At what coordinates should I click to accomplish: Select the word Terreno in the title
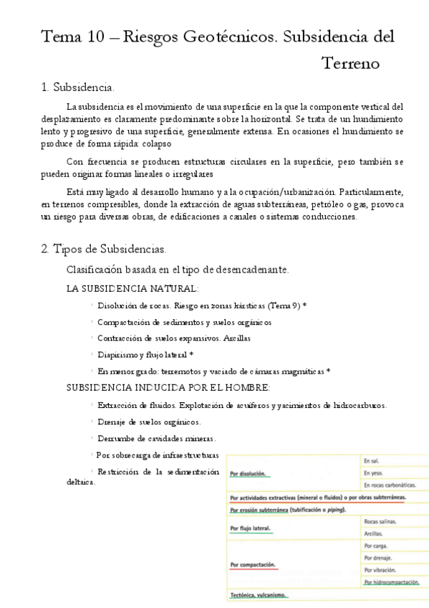pyautogui.click(x=350, y=64)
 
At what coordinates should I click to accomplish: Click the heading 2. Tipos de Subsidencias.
pyautogui.click(x=104, y=249)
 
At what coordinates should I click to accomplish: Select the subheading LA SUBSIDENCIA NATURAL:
pyautogui.click(x=132, y=288)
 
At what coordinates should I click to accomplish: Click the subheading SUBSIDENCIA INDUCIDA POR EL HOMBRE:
pyautogui.click(x=168, y=388)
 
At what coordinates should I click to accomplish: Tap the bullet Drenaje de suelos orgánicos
pyautogui.click(x=149, y=422)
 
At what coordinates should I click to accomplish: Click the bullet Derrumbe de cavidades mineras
pyautogui.click(x=157, y=438)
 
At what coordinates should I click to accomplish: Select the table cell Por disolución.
pyautogui.click(x=247, y=474)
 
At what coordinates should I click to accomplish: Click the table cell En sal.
pyautogui.click(x=371, y=461)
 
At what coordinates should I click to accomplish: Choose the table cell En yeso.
pyautogui.click(x=373, y=473)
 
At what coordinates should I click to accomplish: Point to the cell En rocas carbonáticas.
pyautogui.click(x=391, y=485)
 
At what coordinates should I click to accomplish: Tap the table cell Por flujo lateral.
pyautogui.click(x=251, y=528)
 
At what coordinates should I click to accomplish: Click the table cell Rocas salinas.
pyautogui.click(x=381, y=521)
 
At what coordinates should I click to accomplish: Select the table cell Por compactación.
pyautogui.click(x=253, y=564)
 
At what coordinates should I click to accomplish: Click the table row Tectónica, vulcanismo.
pyautogui.click(x=259, y=595)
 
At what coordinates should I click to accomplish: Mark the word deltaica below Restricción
pyautogui.click(x=75, y=482)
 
